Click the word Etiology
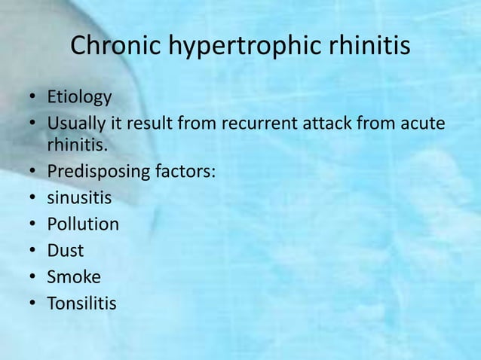point(79,98)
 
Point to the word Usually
point(77,122)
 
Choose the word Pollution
point(83,224)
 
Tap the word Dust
point(66,250)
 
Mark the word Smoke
point(74,276)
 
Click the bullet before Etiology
point(34,98)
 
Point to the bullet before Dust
point(34,251)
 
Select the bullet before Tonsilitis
point(34,303)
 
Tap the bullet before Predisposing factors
point(34,172)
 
